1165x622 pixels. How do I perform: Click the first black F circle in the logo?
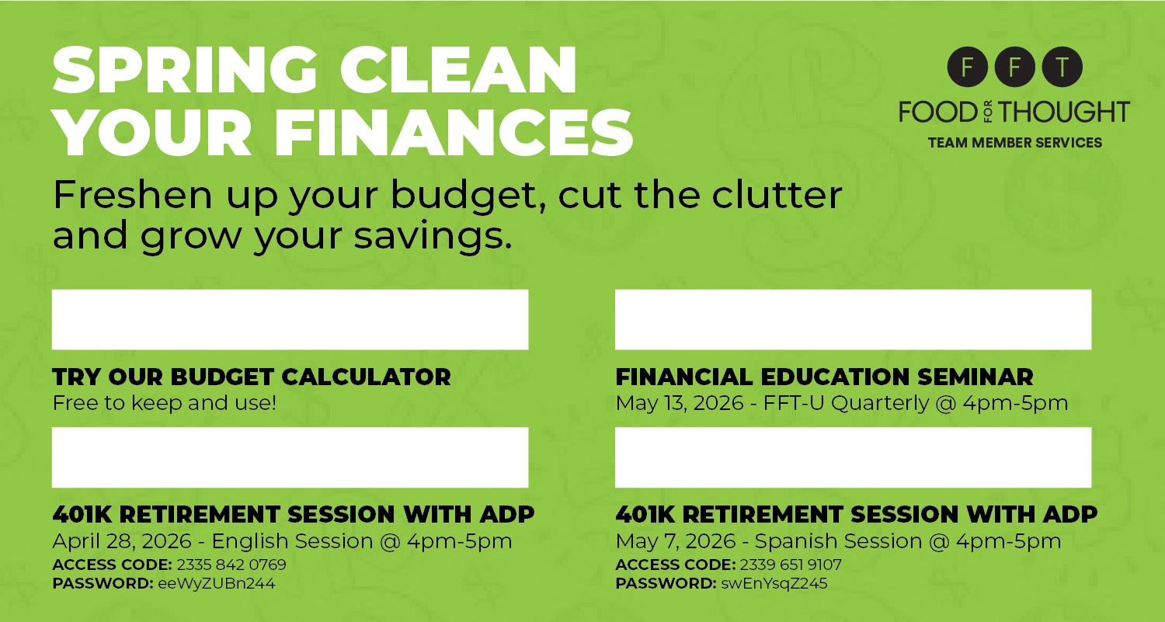pyautogui.click(x=968, y=67)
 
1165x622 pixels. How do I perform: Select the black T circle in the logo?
pyautogui.click(x=1062, y=67)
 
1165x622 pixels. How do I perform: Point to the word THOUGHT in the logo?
pyautogui.click(x=1064, y=112)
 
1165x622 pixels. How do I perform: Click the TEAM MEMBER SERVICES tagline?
pyautogui.click(x=1014, y=143)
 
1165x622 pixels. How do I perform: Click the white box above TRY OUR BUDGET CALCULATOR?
pyautogui.click(x=290, y=319)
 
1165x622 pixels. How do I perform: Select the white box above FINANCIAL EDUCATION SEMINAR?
pyautogui.click(x=853, y=319)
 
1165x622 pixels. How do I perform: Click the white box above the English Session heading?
pyautogui.click(x=290, y=457)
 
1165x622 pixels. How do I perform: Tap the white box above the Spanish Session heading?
pyautogui.click(x=853, y=457)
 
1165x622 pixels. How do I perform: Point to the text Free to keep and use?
pyautogui.click(x=165, y=403)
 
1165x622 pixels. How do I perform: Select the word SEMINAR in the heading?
pyautogui.click(x=975, y=377)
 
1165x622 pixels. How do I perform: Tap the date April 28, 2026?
pyautogui.click(x=122, y=541)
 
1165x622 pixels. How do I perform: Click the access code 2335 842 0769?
pyautogui.click(x=231, y=565)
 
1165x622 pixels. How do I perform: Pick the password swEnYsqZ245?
pyautogui.click(x=774, y=583)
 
